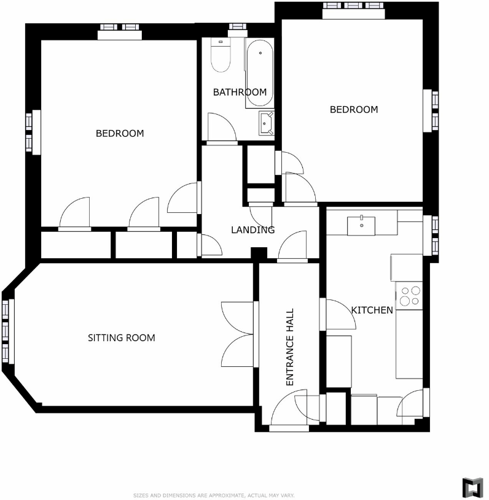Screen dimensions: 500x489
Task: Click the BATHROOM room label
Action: click(x=240, y=92)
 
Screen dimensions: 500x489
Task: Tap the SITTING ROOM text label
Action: click(x=121, y=337)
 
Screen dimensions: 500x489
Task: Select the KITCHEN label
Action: click(x=372, y=310)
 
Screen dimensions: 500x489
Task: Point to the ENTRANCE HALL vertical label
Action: click(x=291, y=347)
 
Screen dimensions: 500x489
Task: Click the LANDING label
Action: click(x=252, y=230)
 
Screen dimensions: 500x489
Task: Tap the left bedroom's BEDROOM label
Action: click(x=120, y=133)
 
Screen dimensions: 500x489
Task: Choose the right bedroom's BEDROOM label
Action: click(x=354, y=110)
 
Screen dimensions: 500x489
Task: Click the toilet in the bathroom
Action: click(x=219, y=55)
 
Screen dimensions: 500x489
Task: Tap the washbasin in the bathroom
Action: click(x=266, y=123)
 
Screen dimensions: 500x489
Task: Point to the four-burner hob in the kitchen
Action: click(x=410, y=296)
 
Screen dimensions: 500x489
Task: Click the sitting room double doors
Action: click(x=237, y=334)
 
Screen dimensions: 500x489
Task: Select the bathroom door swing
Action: click(x=221, y=127)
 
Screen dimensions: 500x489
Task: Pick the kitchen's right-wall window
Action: click(x=435, y=235)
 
